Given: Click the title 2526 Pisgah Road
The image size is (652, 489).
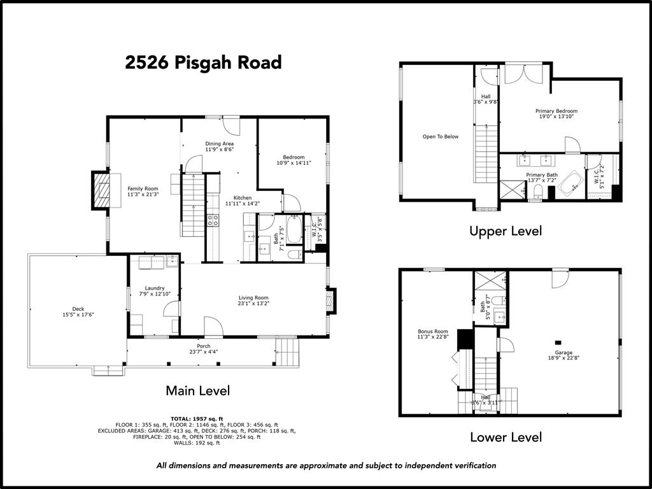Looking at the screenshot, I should [203, 62].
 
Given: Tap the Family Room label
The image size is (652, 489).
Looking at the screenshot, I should [143, 189].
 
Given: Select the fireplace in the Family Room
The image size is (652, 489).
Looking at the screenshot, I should [101, 190].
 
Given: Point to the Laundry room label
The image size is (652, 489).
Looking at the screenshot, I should [155, 288].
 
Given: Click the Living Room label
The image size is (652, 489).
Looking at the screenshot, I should [253, 297].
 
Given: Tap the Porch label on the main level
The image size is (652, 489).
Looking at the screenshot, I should [203, 346].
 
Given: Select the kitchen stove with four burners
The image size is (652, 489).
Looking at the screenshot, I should [213, 220].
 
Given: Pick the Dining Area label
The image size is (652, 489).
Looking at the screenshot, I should [219, 144].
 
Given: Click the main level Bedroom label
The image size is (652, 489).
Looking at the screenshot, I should [294, 157].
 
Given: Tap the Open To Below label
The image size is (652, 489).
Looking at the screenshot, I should [440, 136].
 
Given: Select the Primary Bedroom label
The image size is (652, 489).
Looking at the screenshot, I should [556, 111].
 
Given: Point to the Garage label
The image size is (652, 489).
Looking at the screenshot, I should [563, 352].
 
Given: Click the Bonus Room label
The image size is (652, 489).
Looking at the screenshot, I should [433, 332].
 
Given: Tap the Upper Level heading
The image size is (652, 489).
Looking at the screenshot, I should [505, 231].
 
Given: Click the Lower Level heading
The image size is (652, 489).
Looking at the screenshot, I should [506, 437].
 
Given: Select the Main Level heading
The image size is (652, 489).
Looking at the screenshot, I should [197, 390].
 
